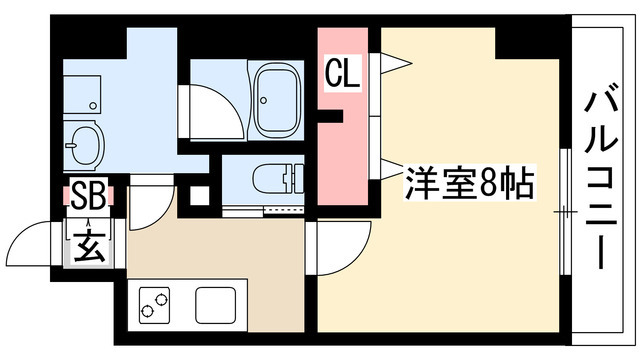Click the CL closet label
coord(341,72)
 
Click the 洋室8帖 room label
coord(467,184)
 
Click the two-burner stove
coord(156,301)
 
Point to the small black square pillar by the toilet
coord(196,195)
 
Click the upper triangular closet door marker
coord(394,62)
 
